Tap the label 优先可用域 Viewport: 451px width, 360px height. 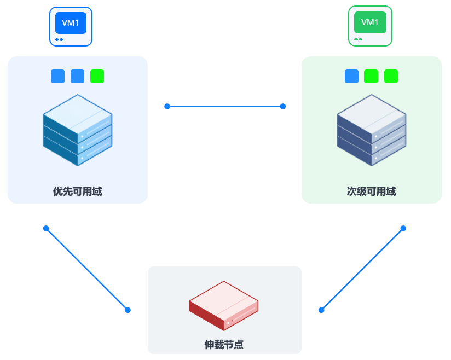tap(77, 191)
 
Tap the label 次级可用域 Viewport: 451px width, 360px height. tap(371, 191)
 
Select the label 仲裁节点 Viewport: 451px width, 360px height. tap(224, 345)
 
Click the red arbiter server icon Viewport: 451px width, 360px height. tap(224, 306)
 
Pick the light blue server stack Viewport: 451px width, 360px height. tap(78, 130)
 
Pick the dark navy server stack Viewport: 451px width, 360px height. tap(372, 130)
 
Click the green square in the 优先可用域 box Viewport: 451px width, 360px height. tap(97, 77)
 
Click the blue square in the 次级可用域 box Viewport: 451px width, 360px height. tap(351, 77)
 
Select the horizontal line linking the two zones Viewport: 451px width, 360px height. tap(225, 106)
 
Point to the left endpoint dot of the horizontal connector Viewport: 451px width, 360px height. tap(167, 106)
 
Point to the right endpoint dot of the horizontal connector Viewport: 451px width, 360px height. tap(283, 106)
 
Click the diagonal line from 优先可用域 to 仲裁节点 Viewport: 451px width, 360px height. tap(87, 269)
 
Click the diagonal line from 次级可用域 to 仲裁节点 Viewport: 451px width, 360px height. tap(362, 269)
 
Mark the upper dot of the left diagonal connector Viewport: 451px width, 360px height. tap(46, 228)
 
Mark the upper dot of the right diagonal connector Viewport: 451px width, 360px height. tap(403, 228)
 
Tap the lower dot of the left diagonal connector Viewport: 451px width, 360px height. tap(128, 310)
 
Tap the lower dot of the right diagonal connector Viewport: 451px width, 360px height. tap(321, 310)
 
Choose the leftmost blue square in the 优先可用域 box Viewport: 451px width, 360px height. tap(57, 77)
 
